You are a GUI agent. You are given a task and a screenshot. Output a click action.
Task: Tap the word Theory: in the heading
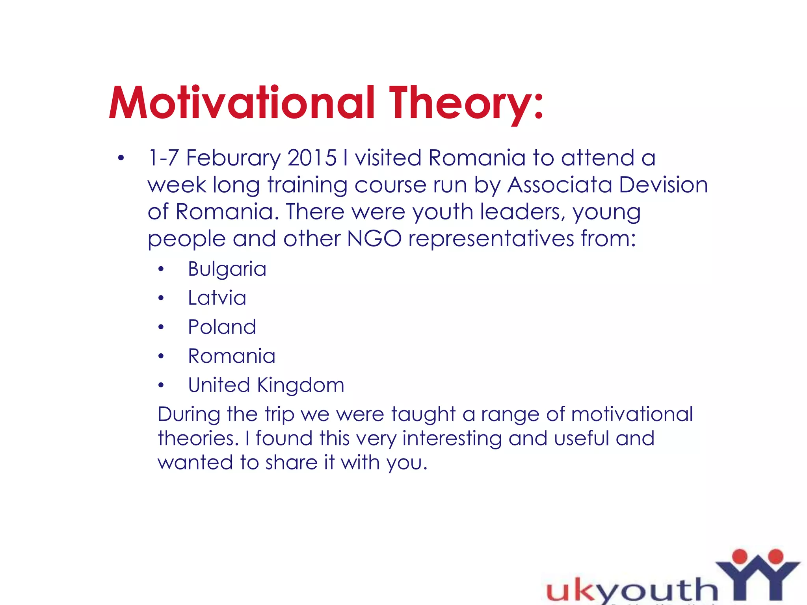[x=466, y=103]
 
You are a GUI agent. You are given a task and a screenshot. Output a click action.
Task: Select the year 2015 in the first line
[x=312, y=158]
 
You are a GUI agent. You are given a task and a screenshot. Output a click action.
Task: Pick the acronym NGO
[x=374, y=238]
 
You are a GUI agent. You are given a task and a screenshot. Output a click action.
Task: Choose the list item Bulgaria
[x=227, y=269]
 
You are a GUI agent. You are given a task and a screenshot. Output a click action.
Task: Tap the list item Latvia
[x=217, y=298]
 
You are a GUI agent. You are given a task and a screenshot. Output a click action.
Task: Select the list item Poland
[x=222, y=327]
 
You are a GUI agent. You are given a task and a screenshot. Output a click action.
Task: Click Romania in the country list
[x=232, y=356]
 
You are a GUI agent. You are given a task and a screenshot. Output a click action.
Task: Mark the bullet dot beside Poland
[x=161, y=327]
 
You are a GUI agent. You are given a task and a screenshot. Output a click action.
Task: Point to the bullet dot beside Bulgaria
[x=161, y=269]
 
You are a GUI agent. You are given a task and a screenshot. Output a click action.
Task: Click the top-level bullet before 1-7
[x=121, y=158]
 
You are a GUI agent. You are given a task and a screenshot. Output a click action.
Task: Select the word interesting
[x=452, y=438]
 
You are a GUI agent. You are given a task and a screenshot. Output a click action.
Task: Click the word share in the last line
[x=291, y=462]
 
